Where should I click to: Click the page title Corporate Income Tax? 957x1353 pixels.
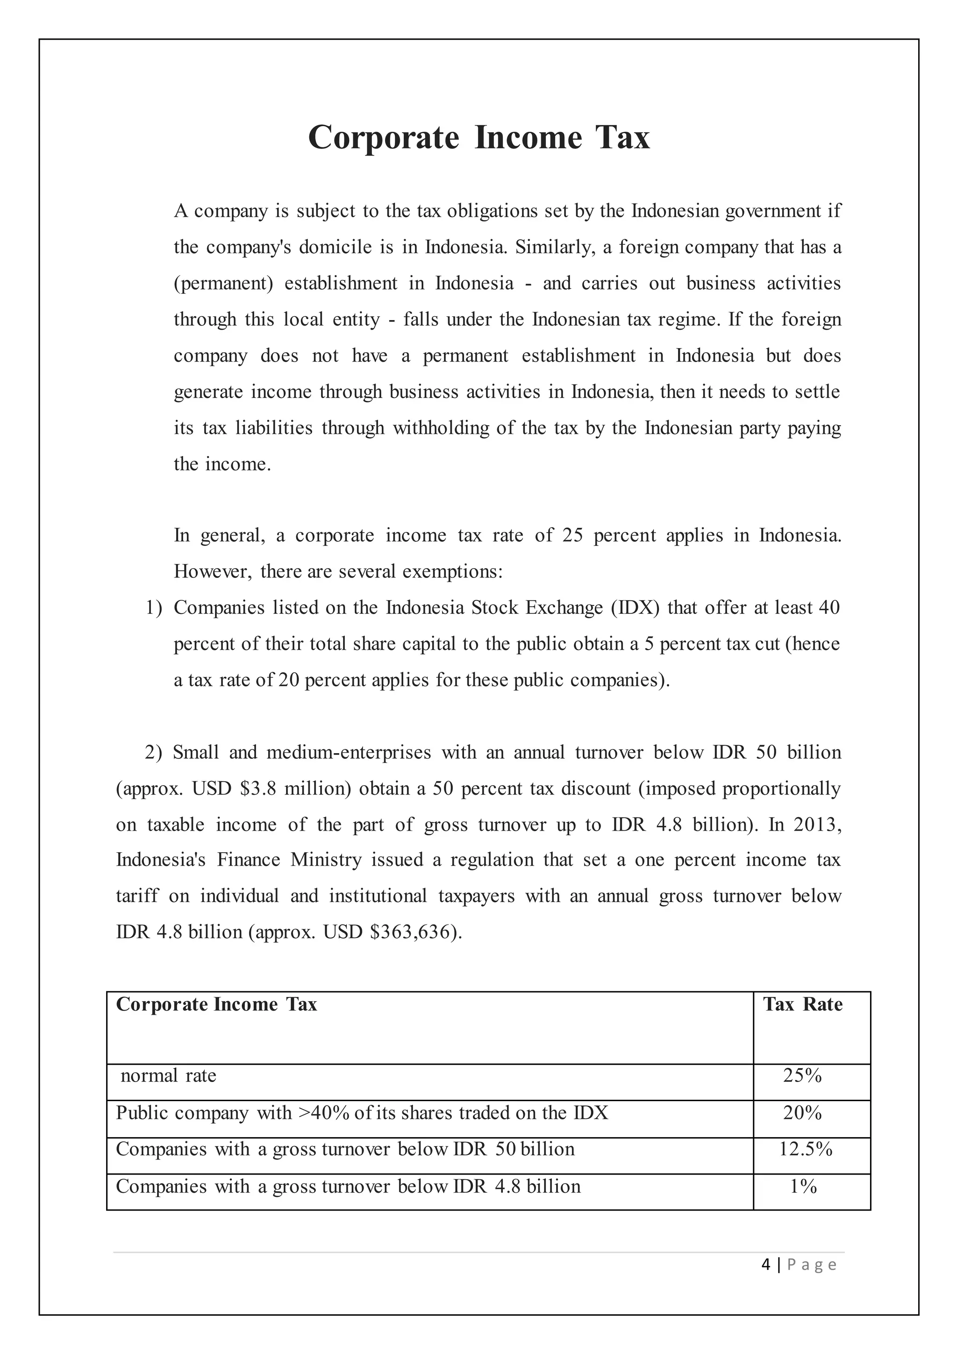[x=478, y=137]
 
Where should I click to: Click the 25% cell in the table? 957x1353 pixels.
[x=802, y=1075]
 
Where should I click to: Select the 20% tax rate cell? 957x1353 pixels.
[x=802, y=1112]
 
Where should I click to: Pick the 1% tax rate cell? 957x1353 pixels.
[x=803, y=1186]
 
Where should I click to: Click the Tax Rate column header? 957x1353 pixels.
[x=803, y=1004]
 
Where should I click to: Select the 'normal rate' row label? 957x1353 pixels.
[x=169, y=1075]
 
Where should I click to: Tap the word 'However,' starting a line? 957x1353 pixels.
[x=212, y=571]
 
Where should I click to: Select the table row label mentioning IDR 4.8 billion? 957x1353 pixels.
[x=348, y=1186]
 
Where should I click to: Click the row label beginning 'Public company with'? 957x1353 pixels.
[x=362, y=1112]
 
